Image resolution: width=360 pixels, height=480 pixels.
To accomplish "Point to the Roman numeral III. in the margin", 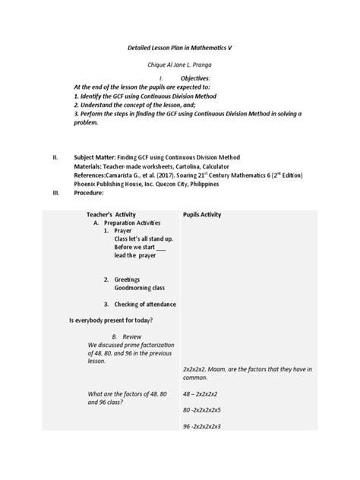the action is [x=55, y=193].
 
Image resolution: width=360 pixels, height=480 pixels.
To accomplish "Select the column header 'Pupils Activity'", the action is [x=202, y=215].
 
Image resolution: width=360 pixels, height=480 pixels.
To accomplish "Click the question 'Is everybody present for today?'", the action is [x=111, y=321].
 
